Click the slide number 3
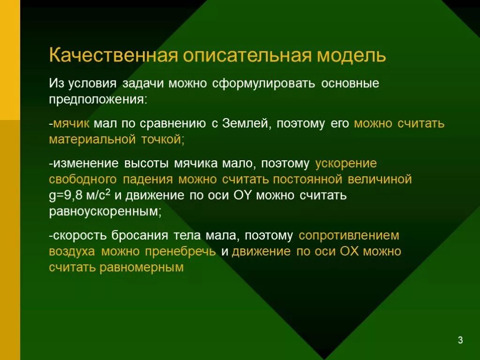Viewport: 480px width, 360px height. pyautogui.click(x=460, y=340)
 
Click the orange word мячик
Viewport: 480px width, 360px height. pyautogui.click(x=71, y=124)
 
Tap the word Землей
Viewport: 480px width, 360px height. pyautogui.click(x=246, y=124)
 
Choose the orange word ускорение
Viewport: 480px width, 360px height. pyautogui.click(x=346, y=164)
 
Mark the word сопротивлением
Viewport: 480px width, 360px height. pyautogui.click(x=349, y=235)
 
